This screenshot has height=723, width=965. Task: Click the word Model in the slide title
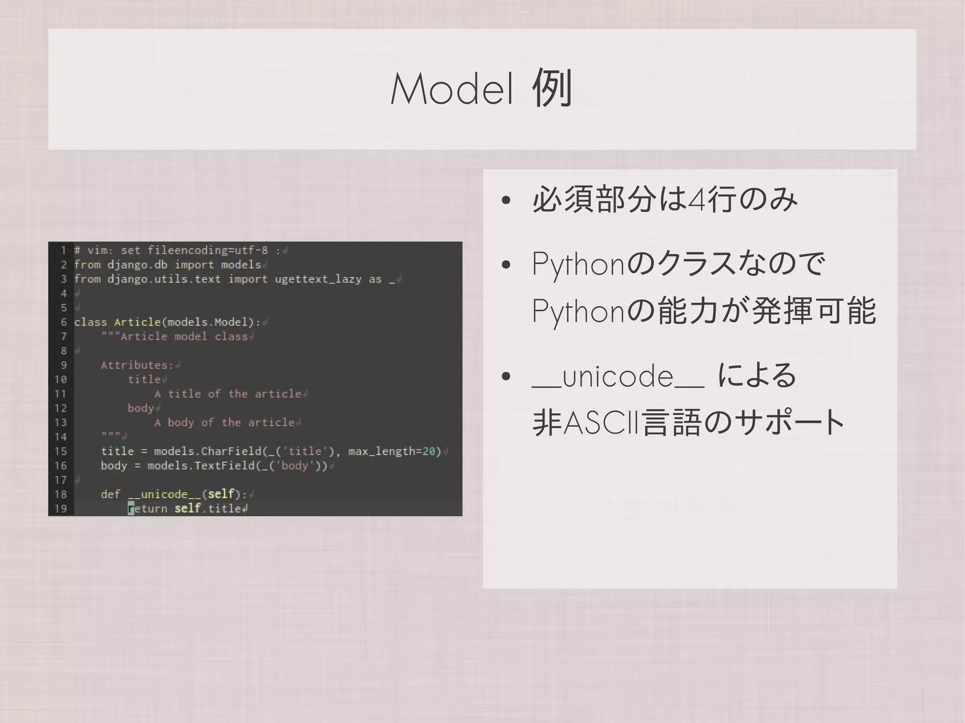[452, 89]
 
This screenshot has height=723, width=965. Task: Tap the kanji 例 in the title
[552, 89]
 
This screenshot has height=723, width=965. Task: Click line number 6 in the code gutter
[64, 322]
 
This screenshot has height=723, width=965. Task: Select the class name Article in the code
[137, 322]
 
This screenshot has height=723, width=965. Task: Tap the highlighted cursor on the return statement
[131, 509]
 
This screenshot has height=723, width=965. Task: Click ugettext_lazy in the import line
[318, 279]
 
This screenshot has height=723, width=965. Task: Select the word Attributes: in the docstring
[137, 365]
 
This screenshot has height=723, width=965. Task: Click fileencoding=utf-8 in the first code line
[208, 250]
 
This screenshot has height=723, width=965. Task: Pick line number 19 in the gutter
[61, 509]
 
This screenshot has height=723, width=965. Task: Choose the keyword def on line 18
[110, 494]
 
